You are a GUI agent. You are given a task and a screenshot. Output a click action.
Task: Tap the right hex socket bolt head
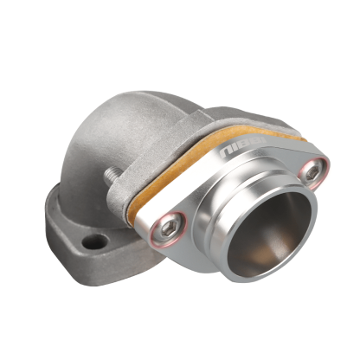click(x=311, y=174)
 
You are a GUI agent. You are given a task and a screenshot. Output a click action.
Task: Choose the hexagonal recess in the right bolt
click(x=311, y=174)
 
